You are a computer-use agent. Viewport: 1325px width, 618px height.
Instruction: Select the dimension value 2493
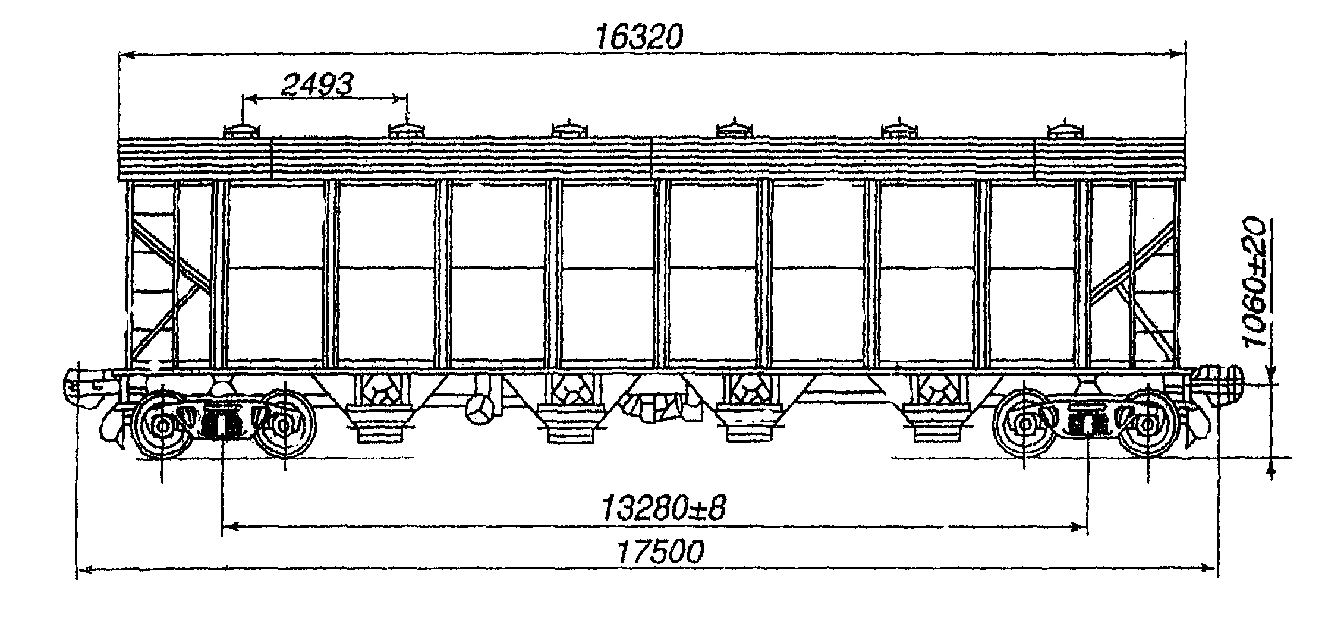(x=317, y=86)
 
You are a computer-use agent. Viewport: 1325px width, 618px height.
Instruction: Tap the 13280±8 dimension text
(x=663, y=509)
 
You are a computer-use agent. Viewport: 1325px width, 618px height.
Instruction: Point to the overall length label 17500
(x=660, y=552)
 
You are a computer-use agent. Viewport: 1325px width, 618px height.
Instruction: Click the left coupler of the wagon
(x=89, y=386)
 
